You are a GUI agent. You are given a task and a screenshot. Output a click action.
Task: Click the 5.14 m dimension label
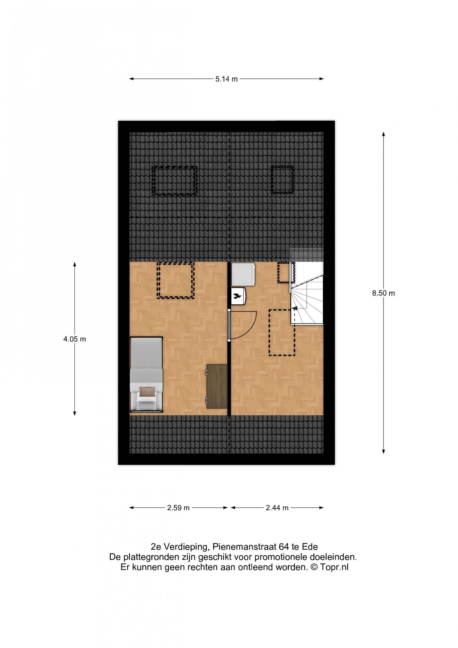pos(226,79)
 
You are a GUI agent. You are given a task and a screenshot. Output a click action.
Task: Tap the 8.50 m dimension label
pos(383,293)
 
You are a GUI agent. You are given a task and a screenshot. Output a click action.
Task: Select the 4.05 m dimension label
pos(74,339)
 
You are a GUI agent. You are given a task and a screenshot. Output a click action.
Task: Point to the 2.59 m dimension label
pos(178,508)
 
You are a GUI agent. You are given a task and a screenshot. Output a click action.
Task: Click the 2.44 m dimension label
pos(277,508)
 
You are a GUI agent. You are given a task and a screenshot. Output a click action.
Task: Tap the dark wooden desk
pos(216,386)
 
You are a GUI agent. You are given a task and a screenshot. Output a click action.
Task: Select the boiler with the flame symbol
pos(238,296)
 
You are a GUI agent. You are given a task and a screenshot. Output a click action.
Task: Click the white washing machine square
pos(243,274)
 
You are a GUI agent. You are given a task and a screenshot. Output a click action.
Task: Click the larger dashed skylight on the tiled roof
pos(174,181)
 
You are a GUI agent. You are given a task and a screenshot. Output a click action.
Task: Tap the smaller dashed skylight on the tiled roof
pos(282,180)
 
